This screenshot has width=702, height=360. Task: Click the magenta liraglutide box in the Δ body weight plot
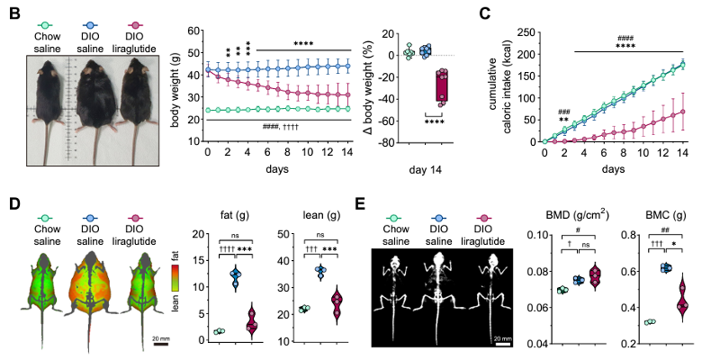point(441,87)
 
